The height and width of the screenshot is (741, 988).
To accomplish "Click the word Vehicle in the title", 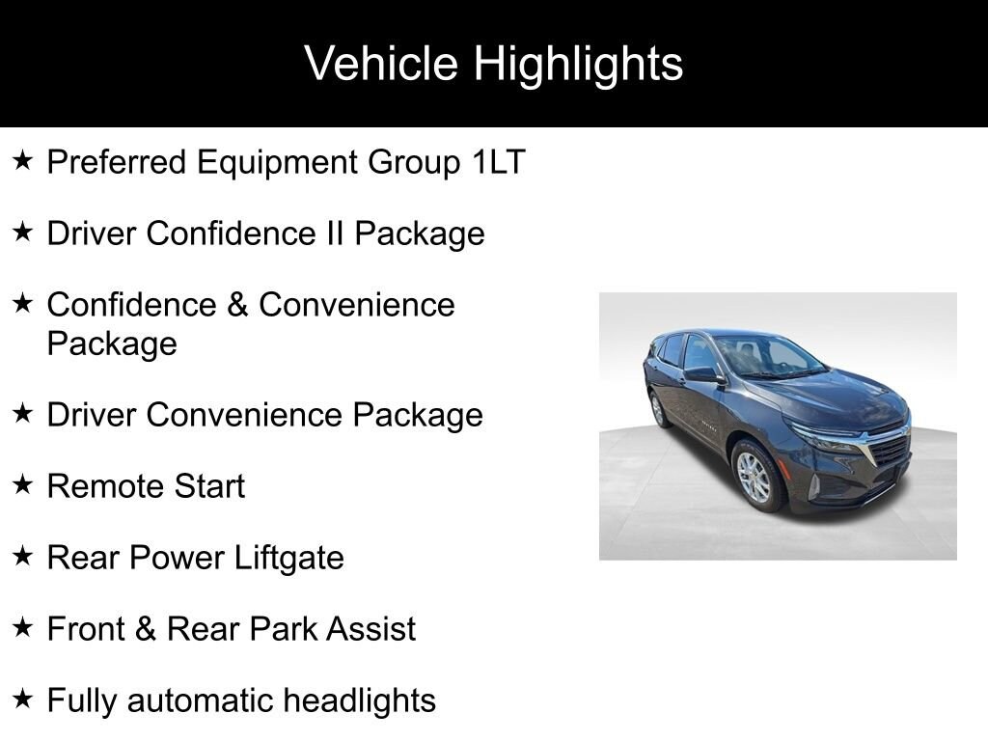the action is point(381,63).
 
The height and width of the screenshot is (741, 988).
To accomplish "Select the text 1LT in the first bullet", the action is point(499,162).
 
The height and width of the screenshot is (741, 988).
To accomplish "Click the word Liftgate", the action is point(289,559).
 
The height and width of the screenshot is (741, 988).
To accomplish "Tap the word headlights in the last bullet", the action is point(359,700).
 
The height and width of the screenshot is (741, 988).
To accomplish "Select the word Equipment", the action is point(277,163).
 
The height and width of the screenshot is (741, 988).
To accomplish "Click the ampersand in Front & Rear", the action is point(145,629).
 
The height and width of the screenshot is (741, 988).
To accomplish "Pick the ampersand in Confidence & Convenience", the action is point(237,305).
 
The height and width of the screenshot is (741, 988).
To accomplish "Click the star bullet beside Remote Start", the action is point(23,484).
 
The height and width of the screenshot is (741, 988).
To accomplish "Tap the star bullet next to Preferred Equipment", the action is point(23,160).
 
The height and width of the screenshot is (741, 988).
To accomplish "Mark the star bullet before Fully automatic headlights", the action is point(23,699).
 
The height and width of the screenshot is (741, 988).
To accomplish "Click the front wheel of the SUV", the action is point(755,476).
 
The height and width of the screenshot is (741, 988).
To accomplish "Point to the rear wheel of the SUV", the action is point(658,408).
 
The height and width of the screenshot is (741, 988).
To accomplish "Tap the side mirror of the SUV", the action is point(703,375).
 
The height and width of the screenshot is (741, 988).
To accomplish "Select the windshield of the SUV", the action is point(770,357).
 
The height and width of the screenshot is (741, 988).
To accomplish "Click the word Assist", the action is point(371,629).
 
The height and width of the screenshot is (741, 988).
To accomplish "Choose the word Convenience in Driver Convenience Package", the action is point(245,415).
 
